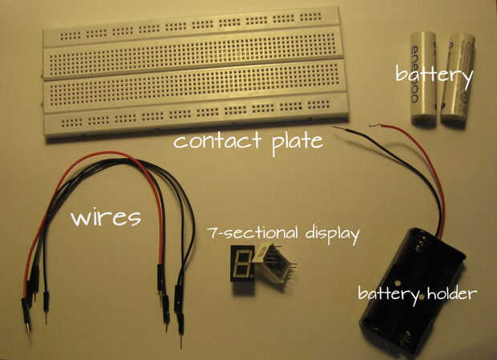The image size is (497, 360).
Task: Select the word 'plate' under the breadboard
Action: coord(293,142)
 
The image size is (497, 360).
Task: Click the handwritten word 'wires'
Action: coord(107,216)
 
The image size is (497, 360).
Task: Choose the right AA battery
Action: coord(456,79)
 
